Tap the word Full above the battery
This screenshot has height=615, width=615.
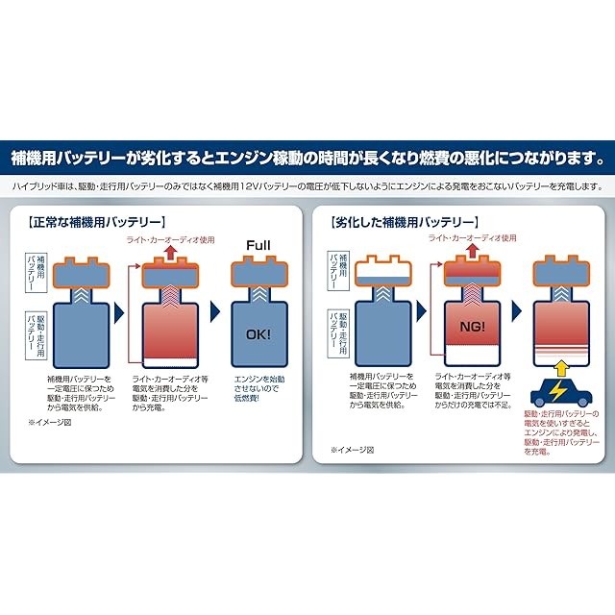point(258,245)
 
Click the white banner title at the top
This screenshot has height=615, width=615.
point(307,156)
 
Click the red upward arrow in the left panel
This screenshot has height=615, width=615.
point(170,254)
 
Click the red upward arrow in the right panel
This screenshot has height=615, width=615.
point(474,254)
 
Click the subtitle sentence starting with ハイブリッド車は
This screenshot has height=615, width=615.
point(307,185)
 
